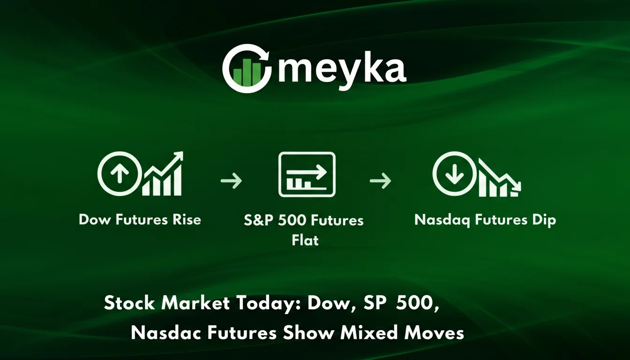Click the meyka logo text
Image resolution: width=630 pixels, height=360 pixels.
[342, 69]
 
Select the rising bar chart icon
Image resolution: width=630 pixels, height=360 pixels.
[163, 174]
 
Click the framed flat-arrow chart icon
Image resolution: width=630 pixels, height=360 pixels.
[307, 174]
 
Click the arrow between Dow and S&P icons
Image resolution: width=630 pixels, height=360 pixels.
[231, 180]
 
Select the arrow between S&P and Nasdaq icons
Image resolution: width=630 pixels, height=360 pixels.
[380, 180]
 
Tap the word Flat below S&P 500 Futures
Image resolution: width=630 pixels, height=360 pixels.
[305, 240]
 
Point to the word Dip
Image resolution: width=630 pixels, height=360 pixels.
[544, 220]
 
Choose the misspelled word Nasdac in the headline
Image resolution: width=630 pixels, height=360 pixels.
[164, 333]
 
